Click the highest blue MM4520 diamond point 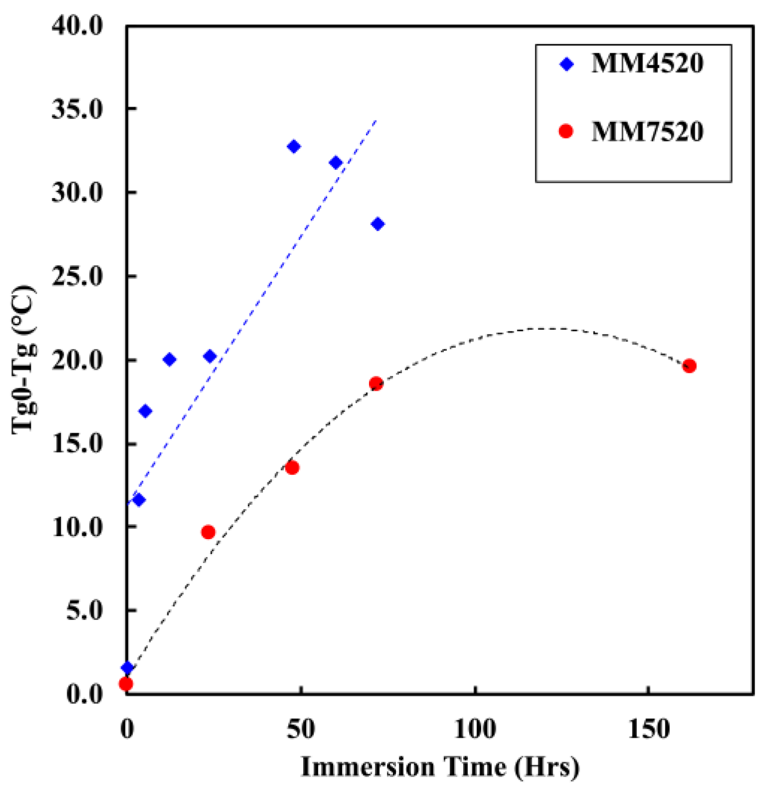[294, 146]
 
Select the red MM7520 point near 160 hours [689, 366]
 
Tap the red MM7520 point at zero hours [126, 683]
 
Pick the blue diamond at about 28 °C [378, 224]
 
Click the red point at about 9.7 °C [208, 532]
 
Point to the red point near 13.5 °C [292, 467]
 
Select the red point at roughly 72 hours [376, 383]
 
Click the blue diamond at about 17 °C [145, 411]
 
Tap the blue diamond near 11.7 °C [139, 500]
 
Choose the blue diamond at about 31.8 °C [336, 163]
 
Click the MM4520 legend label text [647, 64]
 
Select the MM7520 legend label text [647, 132]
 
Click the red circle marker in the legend [566, 131]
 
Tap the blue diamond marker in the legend [567, 64]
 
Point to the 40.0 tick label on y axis [77, 25]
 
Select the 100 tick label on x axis [475, 730]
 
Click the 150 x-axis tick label [648, 730]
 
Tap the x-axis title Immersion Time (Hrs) [440, 767]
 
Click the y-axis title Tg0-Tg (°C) [24, 359]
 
